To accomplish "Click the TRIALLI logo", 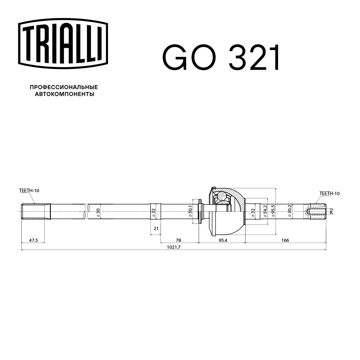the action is coord(63,44).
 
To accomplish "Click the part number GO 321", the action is coord(221,58).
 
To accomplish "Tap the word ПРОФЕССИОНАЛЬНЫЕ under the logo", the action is coord(64,87).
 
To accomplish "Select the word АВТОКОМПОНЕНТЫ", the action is coord(64,94).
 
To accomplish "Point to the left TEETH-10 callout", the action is coord(29,190).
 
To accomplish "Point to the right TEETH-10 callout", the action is coord(329,194).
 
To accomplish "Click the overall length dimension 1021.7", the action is coord(174,247).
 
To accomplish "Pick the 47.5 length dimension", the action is coord(33,240).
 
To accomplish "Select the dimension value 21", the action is coord(156,228).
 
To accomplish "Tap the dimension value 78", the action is coord(179,240).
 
